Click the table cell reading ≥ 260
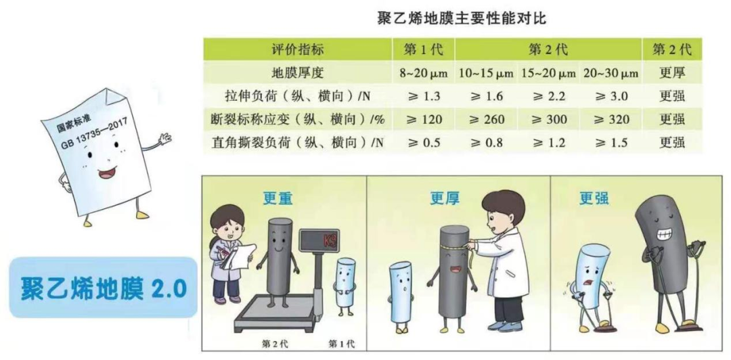click(486, 120)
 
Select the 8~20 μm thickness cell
click(423, 74)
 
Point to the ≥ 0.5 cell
click(423, 143)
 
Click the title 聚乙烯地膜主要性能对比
click(461, 19)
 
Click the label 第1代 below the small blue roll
click(341, 344)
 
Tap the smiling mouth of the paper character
click(106, 173)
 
